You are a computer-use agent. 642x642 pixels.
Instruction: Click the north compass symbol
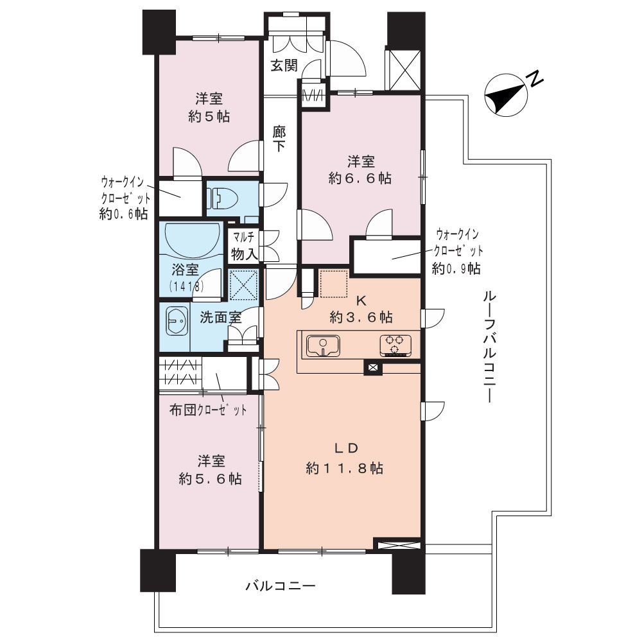(x=507, y=96)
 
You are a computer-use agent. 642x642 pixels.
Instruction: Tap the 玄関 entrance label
(x=284, y=65)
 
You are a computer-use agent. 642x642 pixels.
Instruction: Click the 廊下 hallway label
(x=279, y=139)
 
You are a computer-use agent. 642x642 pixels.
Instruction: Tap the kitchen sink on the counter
(x=323, y=345)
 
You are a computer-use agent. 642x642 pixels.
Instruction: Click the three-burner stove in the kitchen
(x=395, y=345)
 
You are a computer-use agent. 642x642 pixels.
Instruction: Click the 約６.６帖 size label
(x=360, y=178)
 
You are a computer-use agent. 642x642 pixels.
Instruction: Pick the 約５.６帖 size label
(x=210, y=479)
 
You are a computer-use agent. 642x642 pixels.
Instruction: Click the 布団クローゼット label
(x=208, y=410)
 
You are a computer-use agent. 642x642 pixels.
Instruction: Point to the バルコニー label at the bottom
(x=281, y=586)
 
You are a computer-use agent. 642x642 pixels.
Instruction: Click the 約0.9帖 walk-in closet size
(x=456, y=268)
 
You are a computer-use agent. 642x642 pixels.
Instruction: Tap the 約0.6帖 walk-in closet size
(x=124, y=214)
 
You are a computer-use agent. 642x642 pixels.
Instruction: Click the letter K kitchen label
(x=361, y=301)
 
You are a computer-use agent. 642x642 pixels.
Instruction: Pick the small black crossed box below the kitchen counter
(x=373, y=368)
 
